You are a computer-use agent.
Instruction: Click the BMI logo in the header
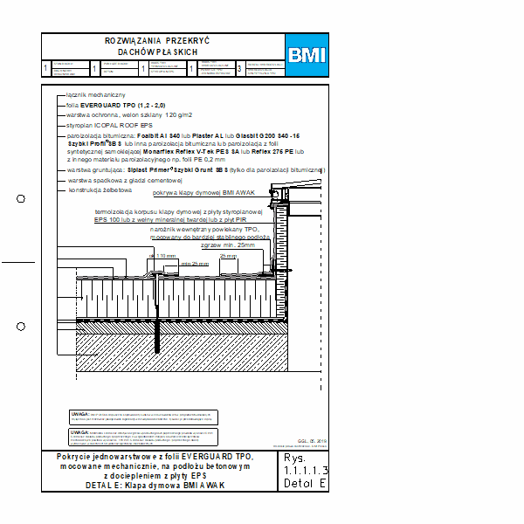pos(307,55)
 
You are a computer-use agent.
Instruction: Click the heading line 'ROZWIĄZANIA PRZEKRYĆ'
pos(157,41)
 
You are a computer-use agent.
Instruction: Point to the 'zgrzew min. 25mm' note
pos(226,245)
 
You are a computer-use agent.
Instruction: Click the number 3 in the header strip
pos(239,68)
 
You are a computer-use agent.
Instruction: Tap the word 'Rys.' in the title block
pos(293,458)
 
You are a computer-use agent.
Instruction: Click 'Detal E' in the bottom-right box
pos(304,483)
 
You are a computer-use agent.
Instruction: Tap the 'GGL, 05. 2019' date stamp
pos(309,441)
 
